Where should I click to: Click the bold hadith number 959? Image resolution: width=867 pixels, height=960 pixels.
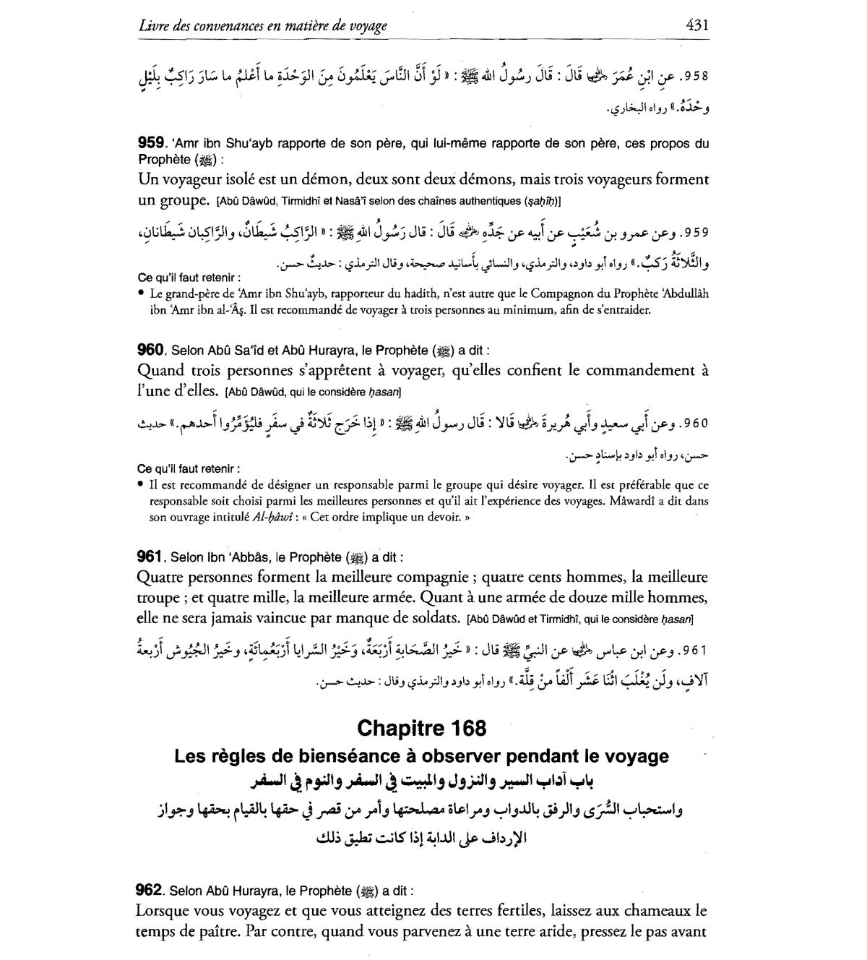point(152,143)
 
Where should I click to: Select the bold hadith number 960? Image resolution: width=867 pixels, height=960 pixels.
point(152,350)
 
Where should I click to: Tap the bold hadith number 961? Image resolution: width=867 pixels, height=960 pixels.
point(150,557)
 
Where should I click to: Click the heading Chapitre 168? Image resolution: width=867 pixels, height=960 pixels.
point(422,727)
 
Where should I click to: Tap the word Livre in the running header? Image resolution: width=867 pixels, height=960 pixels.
point(153,26)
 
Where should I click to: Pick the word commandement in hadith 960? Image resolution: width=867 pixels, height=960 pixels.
point(642,371)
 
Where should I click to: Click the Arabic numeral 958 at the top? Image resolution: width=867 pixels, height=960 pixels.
point(695,75)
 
